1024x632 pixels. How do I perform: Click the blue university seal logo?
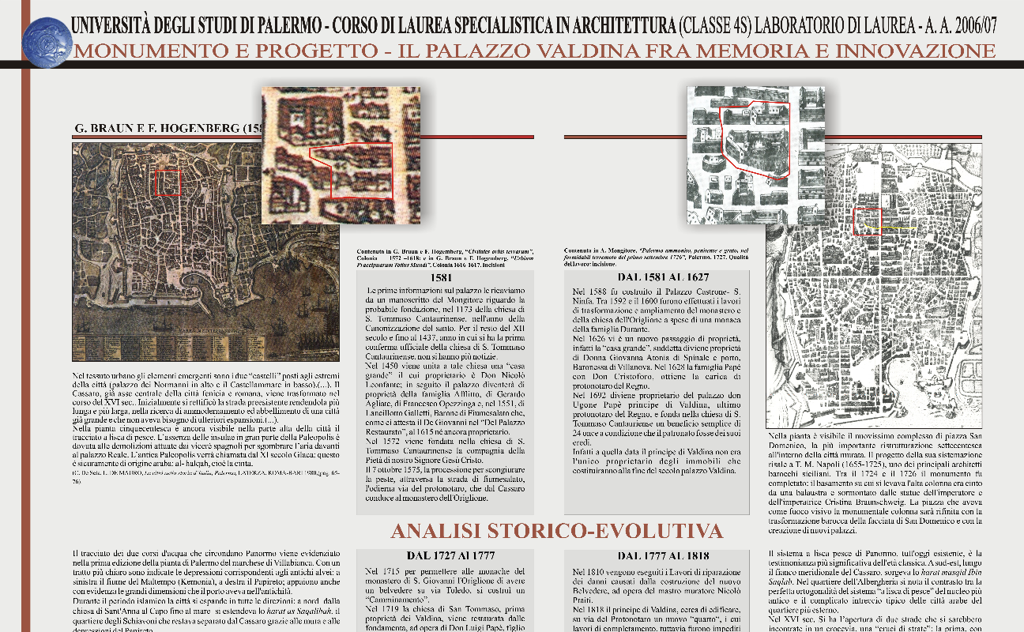coord(47,42)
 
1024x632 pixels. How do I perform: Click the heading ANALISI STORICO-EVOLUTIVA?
coord(556,529)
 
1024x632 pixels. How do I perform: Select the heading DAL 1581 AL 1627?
coord(657,278)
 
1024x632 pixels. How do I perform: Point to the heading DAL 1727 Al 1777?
coord(446,555)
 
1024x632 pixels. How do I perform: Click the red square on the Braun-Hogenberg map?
coord(168,182)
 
